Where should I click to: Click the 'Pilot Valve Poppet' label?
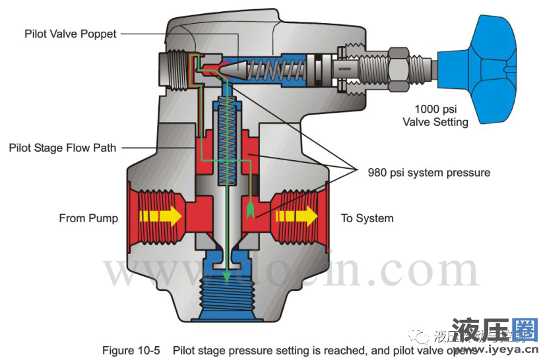[x=70, y=34]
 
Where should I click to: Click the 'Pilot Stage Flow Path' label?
[x=62, y=148]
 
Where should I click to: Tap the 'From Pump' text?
[x=88, y=218]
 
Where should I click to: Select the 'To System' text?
[x=367, y=218]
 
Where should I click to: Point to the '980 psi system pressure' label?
[x=429, y=173]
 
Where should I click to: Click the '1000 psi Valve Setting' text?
[x=440, y=115]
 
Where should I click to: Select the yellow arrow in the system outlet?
[x=296, y=216]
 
